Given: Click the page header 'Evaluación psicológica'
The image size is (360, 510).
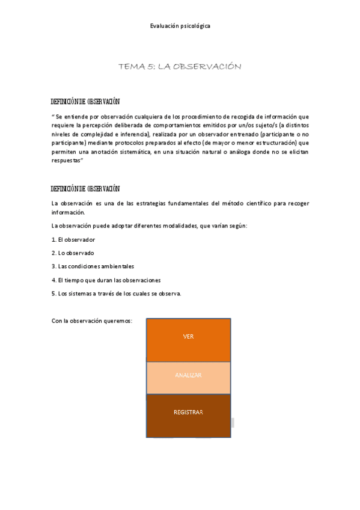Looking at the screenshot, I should pos(180,26).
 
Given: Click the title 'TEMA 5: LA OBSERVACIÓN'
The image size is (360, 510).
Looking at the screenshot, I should pos(180,67).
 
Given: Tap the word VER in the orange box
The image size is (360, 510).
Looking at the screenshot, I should pos(188,336).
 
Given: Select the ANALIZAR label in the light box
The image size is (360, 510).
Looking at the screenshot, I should pos(188,375).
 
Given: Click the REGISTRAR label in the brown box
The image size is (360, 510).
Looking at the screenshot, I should pos(188,412).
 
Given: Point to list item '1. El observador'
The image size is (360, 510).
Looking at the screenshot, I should pos(73,239).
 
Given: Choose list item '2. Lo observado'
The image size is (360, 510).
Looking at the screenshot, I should pos(73,253).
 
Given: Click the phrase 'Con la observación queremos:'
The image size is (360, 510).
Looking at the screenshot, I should pos(92,321).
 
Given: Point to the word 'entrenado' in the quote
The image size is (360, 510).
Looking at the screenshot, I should pos(254,135).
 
